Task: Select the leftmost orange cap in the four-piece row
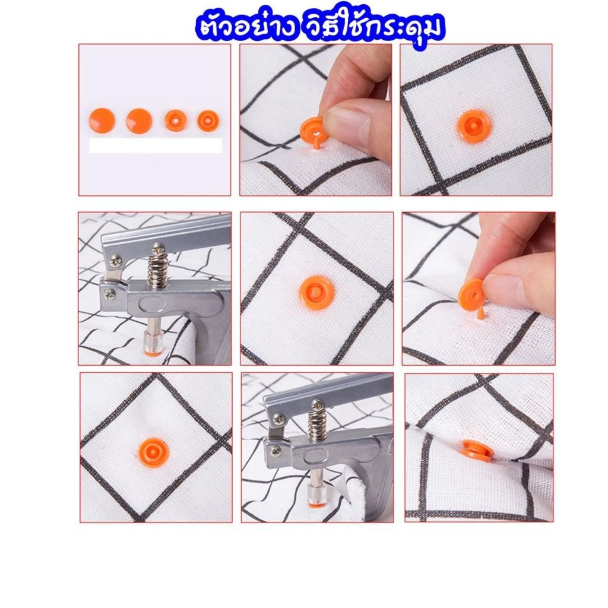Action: pos(102,120)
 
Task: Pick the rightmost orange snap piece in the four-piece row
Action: pos(208,121)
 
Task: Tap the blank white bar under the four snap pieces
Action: pos(156,145)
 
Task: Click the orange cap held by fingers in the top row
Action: pos(313,130)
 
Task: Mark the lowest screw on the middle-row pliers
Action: pos(109,294)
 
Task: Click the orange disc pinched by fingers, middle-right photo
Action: pos(471,292)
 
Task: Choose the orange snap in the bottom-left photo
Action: pos(154,452)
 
